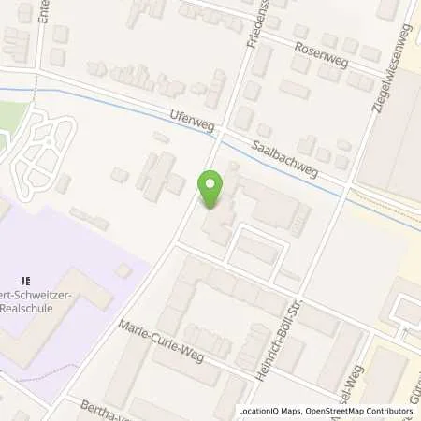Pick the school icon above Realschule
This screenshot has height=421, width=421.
(x=27, y=278)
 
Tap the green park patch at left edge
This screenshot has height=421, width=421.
(x=11, y=114)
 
